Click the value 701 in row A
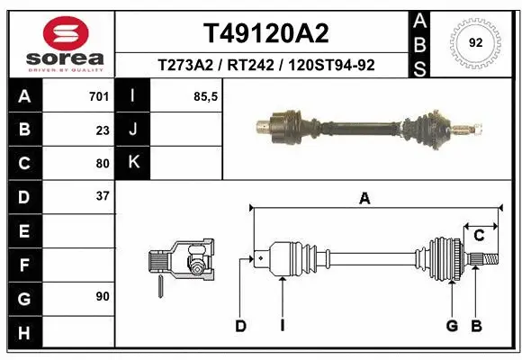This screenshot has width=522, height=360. tap(99, 96)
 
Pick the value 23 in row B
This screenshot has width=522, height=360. tap(103, 130)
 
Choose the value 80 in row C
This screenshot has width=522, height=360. tap(103, 163)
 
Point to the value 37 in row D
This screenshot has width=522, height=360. tap(103, 195)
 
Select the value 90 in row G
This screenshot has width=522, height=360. tap(103, 295)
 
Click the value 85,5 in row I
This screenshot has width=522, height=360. tap(207, 96)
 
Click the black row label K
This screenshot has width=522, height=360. tap(133, 163)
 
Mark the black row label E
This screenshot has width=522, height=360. tap(24, 231)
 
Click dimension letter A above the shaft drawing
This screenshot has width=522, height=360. tap(364, 199)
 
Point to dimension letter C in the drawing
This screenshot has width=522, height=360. tap(480, 236)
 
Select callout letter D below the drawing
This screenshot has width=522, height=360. tap(240, 325)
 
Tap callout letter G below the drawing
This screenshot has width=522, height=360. tap(452, 325)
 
